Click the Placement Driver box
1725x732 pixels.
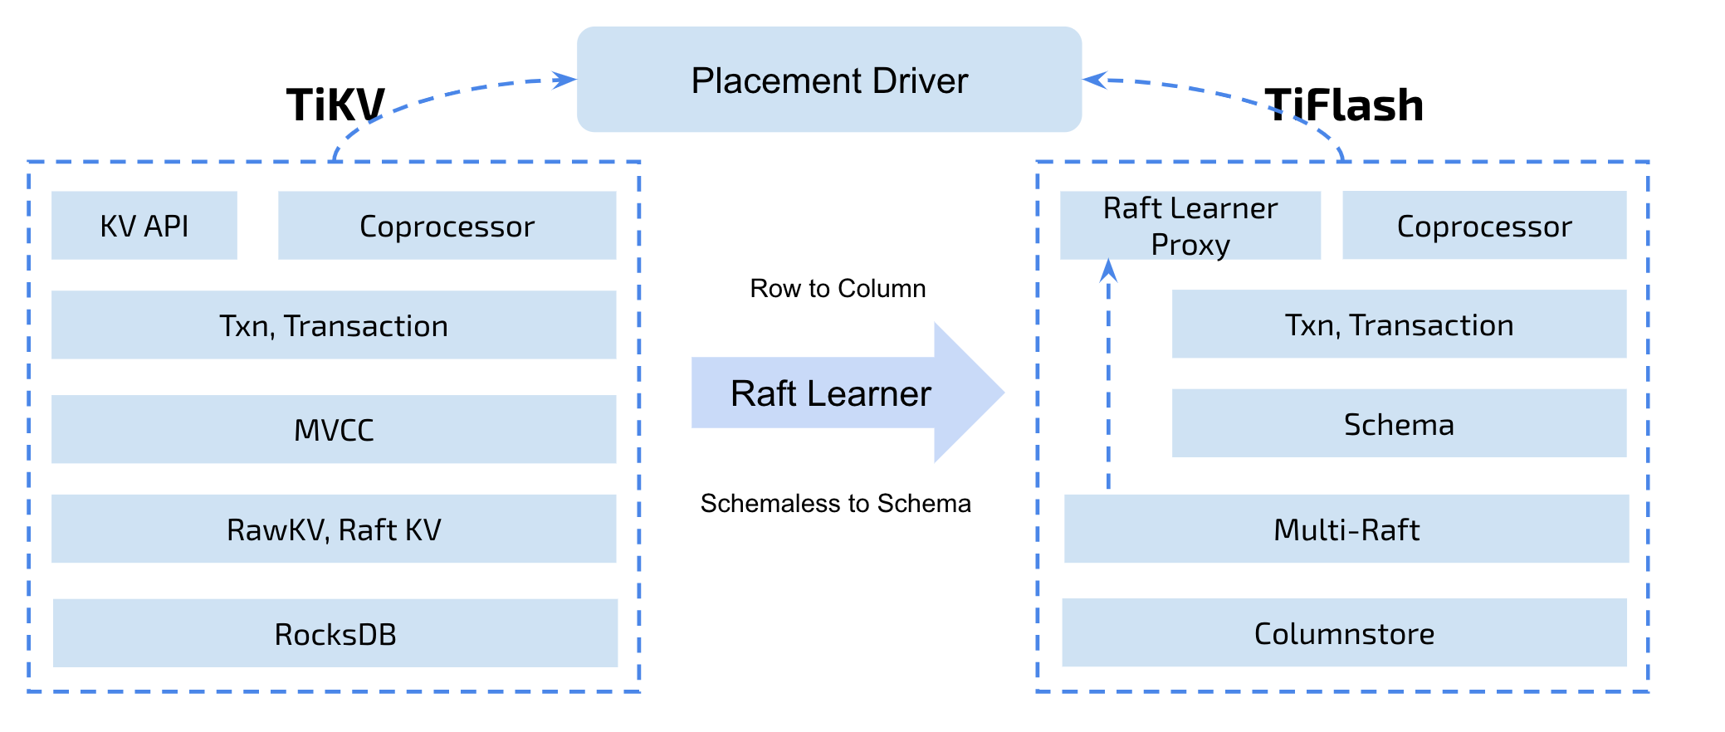pyautogui.click(x=829, y=80)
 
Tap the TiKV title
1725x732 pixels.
pyautogui.click(x=335, y=105)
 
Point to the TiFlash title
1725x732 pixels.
pyautogui.click(x=1344, y=105)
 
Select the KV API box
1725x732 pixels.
pyautogui.click(x=144, y=226)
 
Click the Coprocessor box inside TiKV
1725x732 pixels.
pyautogui.click(x=447, y=226)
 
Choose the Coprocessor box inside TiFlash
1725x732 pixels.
pyautogui.click(x=1484, y=225)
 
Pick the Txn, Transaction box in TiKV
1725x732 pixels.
pyautogui.click(x=334, y=325)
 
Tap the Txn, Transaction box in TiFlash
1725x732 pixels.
pyautogui.click(x=1399, y=324)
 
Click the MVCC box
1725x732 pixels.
pyautogui.click(x=334, y=429)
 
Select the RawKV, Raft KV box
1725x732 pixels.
pyautogui.click(x=334, y=529)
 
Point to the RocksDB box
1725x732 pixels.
pyautogui.click(x=335, y=633)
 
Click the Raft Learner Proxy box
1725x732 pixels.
pyautogui.click(x=1190, y=226)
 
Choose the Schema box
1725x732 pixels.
pyautogui.click(x=1399, y=423)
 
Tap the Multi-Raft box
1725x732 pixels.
pyautogui.click(x=1346, y=529)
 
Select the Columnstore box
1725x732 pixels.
pyautogui.click(x=1344, y=632)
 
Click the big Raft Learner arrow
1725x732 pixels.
pyautogui.click(x=847, y=393)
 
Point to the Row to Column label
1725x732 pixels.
pyautogui.click(x=838, y=288)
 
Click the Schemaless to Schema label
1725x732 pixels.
pyautogui.click(x=835, y=503)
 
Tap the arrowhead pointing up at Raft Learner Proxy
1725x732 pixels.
pyautogui.click(x=1108, y=270)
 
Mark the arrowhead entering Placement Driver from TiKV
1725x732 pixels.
pyautogui.click(x=564, y=80)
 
